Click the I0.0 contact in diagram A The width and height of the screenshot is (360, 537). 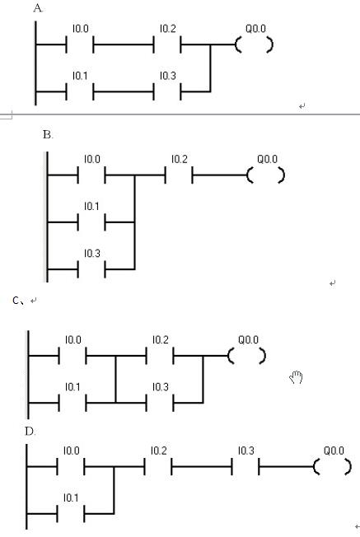tap(80, 44)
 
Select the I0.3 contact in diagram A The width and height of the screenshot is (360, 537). tap(167, 91)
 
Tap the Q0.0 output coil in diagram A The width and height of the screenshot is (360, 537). tap(255, 44)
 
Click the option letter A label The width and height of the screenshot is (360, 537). tap(39, 8)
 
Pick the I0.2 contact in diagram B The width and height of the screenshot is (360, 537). tap(179, 175)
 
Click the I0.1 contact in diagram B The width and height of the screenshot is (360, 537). tap(91, 222)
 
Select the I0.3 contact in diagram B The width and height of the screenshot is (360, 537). tap(91, 269)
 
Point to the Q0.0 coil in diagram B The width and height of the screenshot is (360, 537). tap(266, 175)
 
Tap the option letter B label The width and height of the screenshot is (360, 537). tap(48, 135)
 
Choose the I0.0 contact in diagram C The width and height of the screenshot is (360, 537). tap(72, 356)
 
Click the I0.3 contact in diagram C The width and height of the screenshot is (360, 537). tap(160, 403)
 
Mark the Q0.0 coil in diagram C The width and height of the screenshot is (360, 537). tap(247, 356)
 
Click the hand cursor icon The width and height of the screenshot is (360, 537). tap(297, 377)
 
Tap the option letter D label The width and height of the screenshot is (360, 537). tap(30, 432)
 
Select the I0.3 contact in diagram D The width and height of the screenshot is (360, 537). tap(245, 466)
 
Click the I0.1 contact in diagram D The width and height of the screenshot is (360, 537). tap(71, 514)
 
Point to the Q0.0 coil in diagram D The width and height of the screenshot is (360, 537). tap(333, 467)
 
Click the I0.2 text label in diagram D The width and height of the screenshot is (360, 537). tap(159, 451)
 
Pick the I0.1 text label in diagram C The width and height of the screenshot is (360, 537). tap(72, 387)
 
